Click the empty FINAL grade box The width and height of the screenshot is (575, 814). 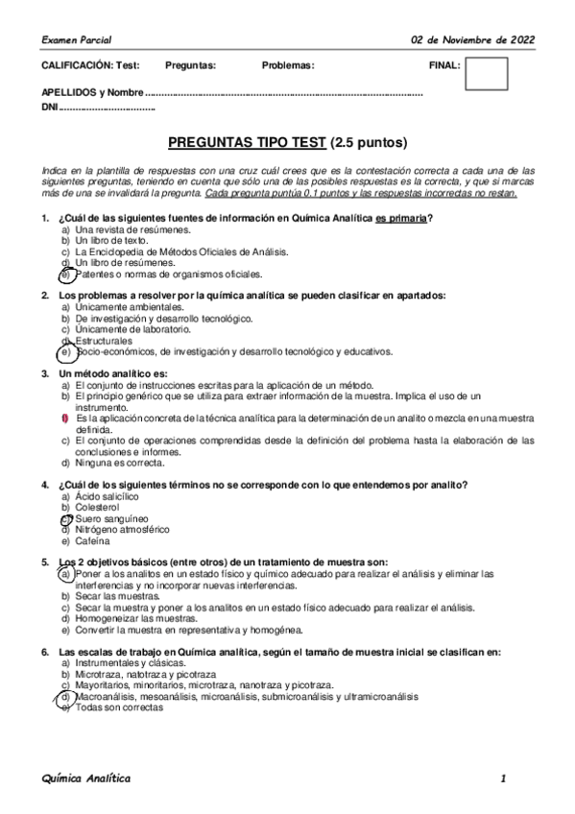point(486,73)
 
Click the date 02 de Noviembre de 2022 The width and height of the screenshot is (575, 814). point(472,39)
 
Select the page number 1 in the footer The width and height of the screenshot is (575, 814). point(502,778)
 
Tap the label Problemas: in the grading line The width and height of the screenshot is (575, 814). point(287,65)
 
